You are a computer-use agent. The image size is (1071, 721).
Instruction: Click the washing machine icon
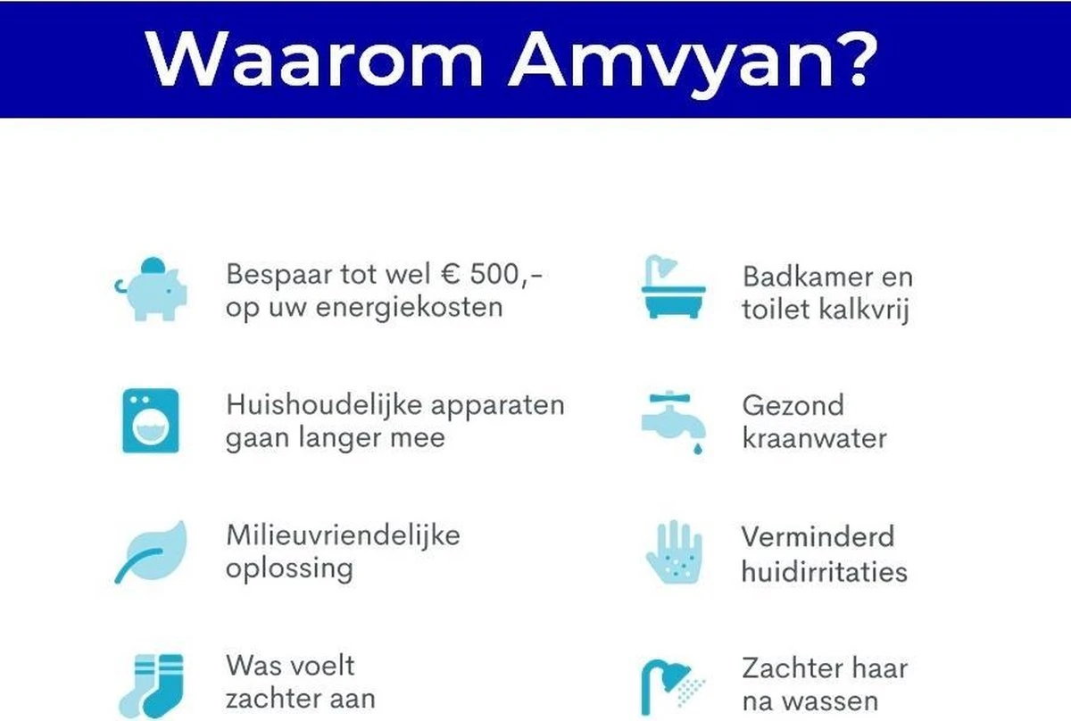pyautogui.click(x=150, y=420)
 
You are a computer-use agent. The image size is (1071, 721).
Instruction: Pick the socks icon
pyautogui.click(x=151, y=684)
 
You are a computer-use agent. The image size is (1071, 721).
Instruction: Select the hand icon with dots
pyautogui.click(x=674, y=553)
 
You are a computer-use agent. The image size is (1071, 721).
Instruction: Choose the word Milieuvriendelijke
pyautogui.click(x=343, y=535)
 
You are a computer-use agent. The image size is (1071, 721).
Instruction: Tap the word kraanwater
pyautogui.click(x=814, y=438)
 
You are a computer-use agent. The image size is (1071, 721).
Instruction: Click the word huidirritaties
pyautogui.click(x=824, y=570)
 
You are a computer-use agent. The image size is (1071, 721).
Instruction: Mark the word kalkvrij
pyautogui.click(x=864, y=310)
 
